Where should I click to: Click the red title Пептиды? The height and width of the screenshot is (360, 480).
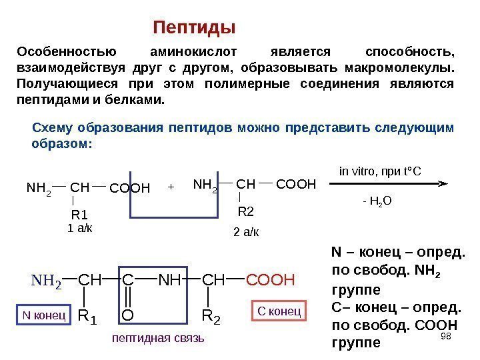click(195, 29)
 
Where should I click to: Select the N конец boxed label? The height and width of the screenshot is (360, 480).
click(41, 313)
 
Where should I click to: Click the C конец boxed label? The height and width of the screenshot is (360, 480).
click(279, 311)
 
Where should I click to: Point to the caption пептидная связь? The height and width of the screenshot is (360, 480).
click(159, 339)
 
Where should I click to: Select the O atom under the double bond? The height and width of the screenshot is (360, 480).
click(129, 313)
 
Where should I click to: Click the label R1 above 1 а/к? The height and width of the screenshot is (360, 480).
click(79, 215)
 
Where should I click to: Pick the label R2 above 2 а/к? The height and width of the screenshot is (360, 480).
click(246, 212)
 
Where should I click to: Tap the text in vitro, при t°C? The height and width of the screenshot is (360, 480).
click(380, 171)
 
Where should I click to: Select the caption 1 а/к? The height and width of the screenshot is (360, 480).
click(80, 228)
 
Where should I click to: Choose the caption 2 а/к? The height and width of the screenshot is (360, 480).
click(245, 232)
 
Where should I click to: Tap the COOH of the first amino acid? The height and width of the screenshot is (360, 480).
click(130, 187)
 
